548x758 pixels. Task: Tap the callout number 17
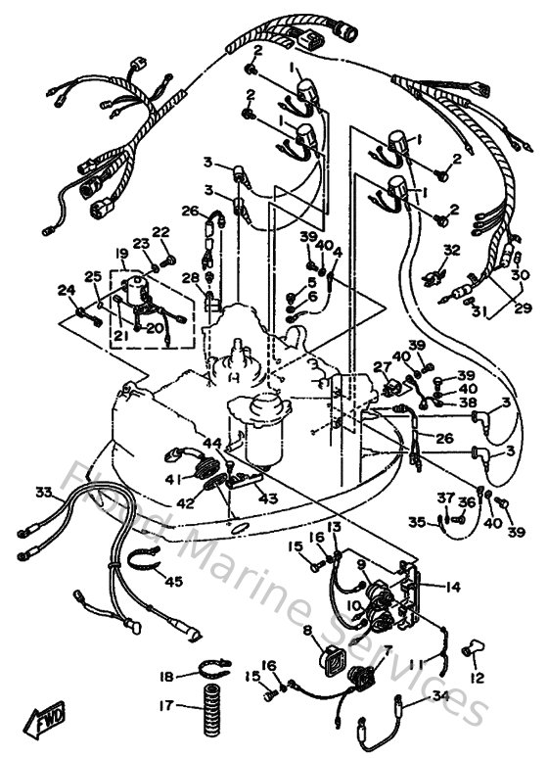(166, 705)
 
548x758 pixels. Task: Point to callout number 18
(166, 676)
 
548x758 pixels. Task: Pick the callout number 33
(42, 493)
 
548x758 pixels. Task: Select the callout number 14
(452, 588)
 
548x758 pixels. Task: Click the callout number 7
(388, 649)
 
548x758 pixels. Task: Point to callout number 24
(66, 289)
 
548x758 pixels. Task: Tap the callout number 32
(450, 251)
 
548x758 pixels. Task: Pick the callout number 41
(172, 479)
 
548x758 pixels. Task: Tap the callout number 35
(417, 523)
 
